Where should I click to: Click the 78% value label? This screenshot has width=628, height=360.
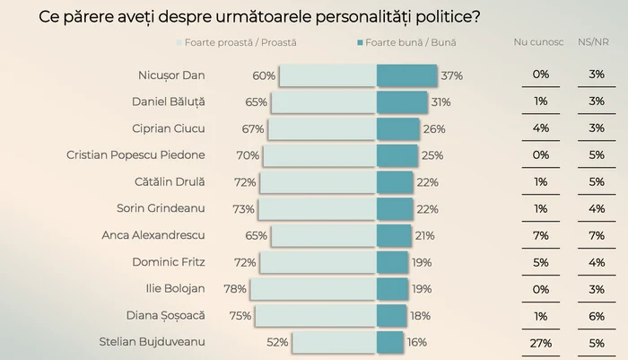(236, 289)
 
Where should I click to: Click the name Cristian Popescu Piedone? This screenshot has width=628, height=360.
(135, 155)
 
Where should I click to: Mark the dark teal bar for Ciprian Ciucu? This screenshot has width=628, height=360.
(397, 129)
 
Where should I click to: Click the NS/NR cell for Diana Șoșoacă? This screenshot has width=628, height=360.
(597, 315)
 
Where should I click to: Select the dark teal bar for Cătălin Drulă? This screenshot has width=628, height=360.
(394, 182)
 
